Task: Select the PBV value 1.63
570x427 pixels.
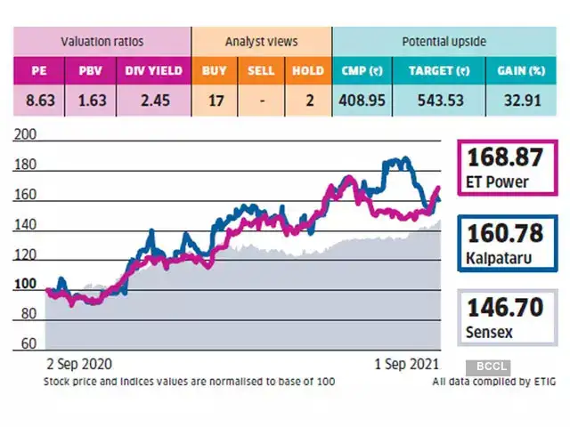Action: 91,101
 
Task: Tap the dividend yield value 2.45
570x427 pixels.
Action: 152,101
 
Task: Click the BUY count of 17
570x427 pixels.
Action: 215,101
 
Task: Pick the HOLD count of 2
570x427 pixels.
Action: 309,101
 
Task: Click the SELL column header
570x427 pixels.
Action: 261,69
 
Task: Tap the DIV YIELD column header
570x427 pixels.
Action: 152,69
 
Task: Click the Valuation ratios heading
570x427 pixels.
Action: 102,41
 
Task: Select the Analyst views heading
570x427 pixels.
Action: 261,41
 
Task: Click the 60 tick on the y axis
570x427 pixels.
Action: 29,343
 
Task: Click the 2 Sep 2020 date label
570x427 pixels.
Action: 81,365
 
